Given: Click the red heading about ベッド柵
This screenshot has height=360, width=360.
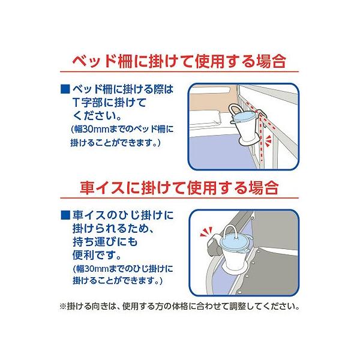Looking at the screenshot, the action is click(x=179, y=61).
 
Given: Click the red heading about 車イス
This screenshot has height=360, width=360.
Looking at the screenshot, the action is click(x=179, y=188).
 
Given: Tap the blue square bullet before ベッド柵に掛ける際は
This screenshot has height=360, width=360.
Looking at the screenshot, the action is click(x=65, y=89).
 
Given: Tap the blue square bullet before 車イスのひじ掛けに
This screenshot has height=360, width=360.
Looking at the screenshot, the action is click(x=65, y=215).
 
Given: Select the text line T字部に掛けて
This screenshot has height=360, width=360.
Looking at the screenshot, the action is click(x=109, y=103).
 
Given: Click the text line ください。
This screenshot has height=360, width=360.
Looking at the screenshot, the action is click(x=97, y=115).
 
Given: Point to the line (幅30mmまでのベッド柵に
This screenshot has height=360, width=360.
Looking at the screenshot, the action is click(x=122, y=129).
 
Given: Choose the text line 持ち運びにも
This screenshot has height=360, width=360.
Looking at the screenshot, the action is click(x=105, y=242).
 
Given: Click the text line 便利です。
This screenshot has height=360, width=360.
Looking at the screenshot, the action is click(x=97, y=255).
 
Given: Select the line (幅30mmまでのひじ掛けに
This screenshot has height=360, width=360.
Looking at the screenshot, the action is click(x=123, y=269).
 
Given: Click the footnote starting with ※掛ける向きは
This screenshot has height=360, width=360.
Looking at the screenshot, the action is click(x=179, y=306).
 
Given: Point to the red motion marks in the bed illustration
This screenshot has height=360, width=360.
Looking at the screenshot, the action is click(x=268, y=141).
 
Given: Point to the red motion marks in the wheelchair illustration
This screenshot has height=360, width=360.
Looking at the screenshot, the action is click(x=206, y=232).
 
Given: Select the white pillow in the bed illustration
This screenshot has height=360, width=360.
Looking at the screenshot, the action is click(x=205, y=119).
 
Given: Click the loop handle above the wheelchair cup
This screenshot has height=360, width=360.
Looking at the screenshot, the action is click(x=229, y=232).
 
